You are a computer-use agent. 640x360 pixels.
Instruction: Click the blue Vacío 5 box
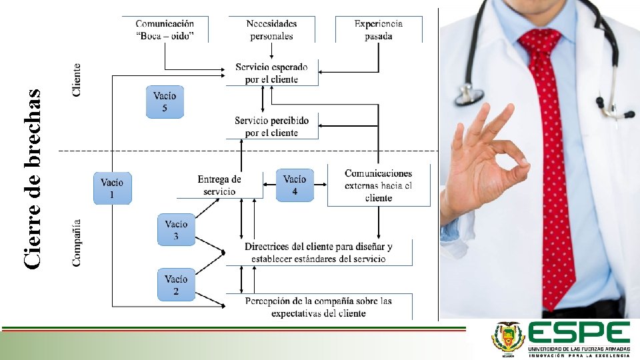pos(165,102)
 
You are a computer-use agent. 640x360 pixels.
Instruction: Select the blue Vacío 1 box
pos(112,188)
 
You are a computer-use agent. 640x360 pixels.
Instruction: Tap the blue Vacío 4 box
pos(295,185)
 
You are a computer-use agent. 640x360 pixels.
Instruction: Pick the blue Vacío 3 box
pos(176,230)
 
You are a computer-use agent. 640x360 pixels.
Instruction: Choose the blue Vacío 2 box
pos(176,285)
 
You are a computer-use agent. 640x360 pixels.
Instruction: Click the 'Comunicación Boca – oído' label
pos(165,30)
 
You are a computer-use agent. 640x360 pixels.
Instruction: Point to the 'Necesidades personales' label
pos(271,30)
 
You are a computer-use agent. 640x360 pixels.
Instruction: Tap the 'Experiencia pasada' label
pos(379,30)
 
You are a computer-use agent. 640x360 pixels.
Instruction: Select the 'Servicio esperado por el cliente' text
pos(271,73)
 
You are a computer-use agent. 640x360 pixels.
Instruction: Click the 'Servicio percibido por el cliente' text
pos(271,127)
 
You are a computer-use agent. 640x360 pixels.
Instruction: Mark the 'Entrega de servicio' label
pos(219,185)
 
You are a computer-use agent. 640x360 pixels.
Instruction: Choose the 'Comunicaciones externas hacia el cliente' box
pos(378,185)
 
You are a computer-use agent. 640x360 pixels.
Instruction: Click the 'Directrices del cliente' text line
pos(319,247)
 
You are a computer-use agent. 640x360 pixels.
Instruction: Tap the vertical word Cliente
pos(77,80)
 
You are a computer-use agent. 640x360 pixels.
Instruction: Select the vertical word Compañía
pos(77,243)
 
